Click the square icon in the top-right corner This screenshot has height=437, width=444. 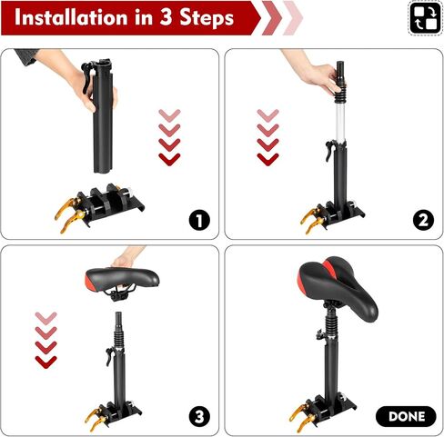click(x=423, y=17)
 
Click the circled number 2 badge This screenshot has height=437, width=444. click(x=422, y=219)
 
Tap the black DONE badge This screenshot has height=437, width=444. click(x=405, y=416)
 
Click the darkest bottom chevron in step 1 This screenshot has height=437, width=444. click(x=169, y=158)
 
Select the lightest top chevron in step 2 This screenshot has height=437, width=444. click(x=267, y=115)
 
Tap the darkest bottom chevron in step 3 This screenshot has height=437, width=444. click(x=45, y=361)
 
